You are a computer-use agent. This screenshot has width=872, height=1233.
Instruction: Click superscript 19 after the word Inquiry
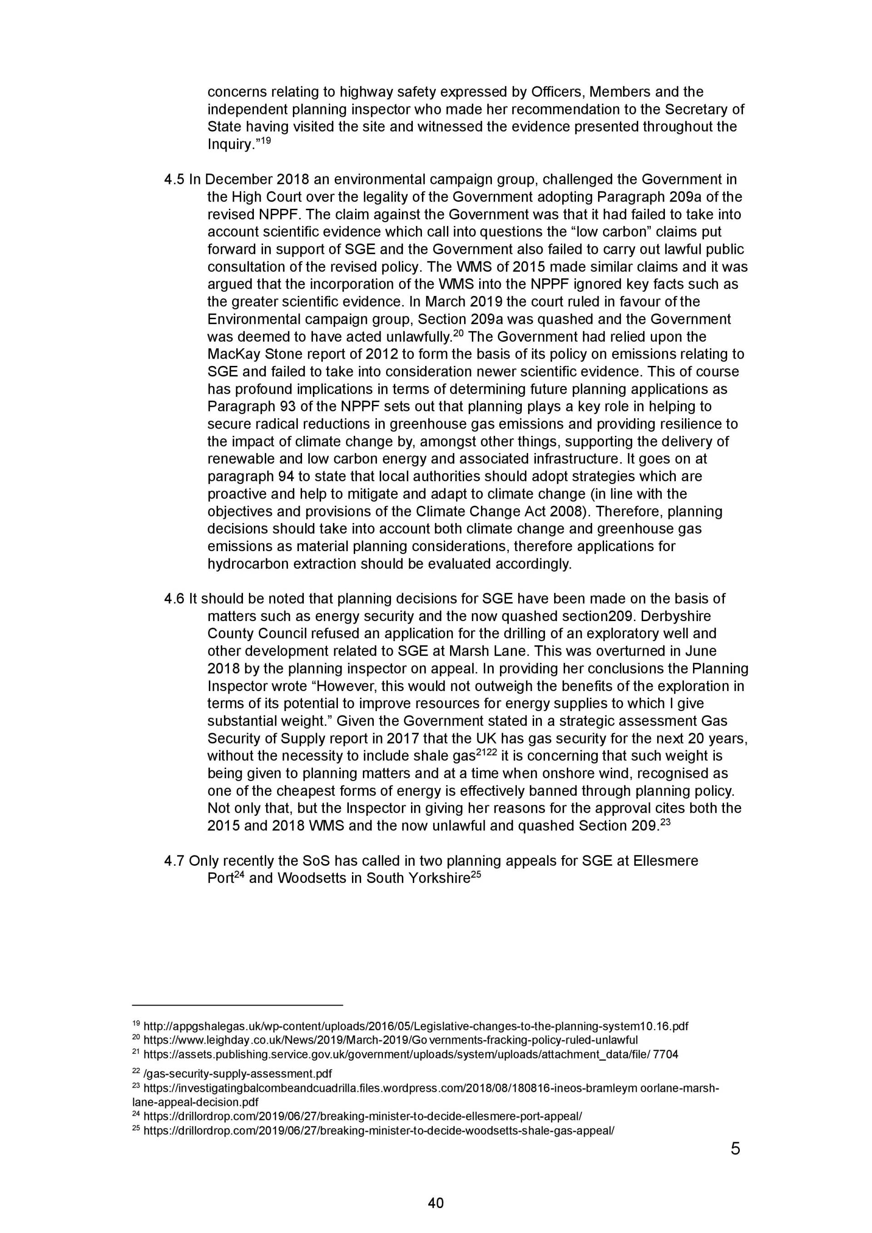[x=265, y=141]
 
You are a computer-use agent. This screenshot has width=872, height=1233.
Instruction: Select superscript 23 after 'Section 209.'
[x=665, y=822]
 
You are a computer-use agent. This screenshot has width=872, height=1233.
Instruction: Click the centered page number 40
[x=436, y=1203]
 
